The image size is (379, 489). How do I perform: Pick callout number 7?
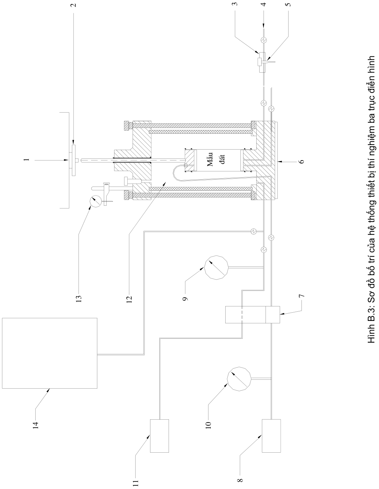tap(302, 296)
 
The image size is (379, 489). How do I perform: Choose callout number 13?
tap(79, 298)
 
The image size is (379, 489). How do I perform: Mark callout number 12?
tap(129, 298)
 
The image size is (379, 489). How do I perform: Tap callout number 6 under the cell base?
tap(302, 161)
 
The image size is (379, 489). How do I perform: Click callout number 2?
tap(74, 5)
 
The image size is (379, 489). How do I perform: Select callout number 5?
tap(289, 4)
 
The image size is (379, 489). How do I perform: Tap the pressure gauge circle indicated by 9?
tap(216, 267)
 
